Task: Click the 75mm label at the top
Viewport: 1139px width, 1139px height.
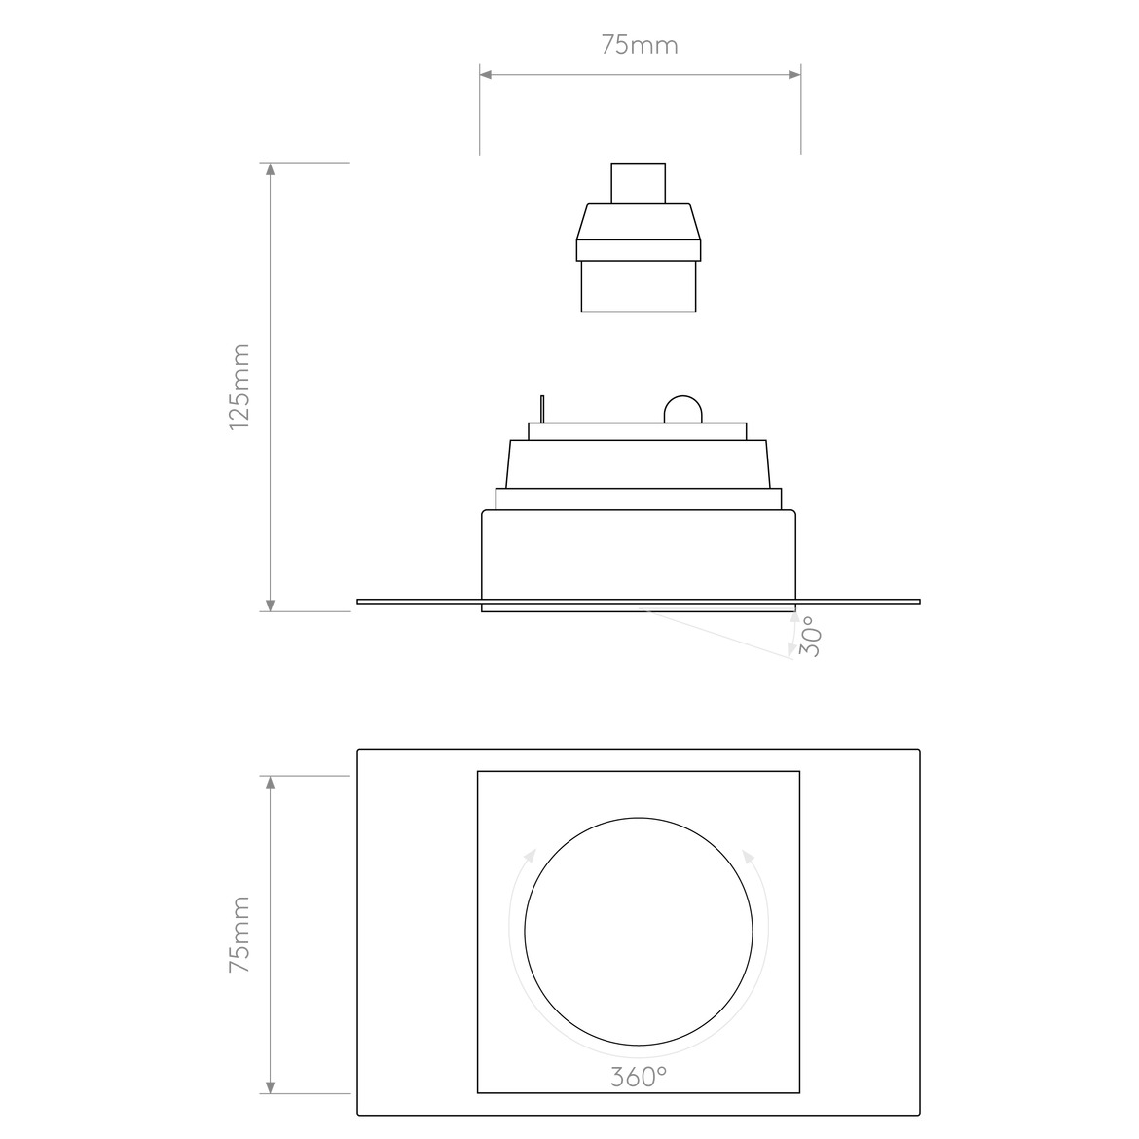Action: [639, 45]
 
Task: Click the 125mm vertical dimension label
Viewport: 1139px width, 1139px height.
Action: [239, 386]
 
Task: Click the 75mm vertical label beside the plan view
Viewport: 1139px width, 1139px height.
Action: [239, 935]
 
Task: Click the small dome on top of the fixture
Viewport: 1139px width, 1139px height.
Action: [681, 411]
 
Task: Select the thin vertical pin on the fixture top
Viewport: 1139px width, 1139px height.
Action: [543, 409]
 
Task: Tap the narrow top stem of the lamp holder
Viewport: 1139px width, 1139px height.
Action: [638, 183]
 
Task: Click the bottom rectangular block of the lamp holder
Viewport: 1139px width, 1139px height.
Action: [638, 286]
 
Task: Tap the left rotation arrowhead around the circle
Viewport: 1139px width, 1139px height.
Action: [530, 856]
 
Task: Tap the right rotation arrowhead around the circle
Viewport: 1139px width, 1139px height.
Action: [748, 856]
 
